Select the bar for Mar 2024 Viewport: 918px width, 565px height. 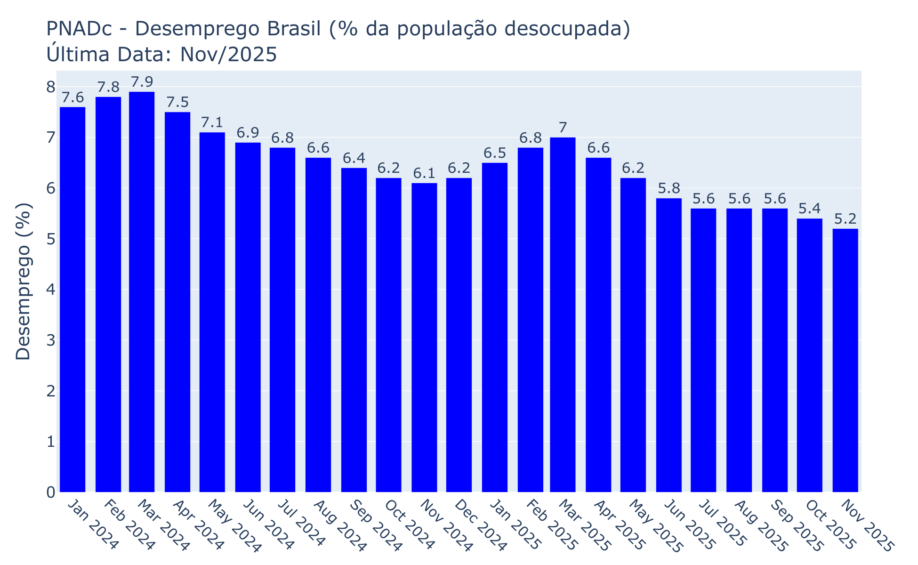pyautogui.click(x=142, y=292)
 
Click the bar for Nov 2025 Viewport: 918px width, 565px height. pyautogui.click(x=845, y=360)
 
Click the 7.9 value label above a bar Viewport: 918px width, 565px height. pyautogui.click(x=142, y=82)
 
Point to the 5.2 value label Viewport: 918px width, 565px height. pyautogui.click(x=845, y=219)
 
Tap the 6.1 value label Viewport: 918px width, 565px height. pyautogui.click(x=424, y=174)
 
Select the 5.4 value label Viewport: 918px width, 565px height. pyautogui.click(x=810, y=209)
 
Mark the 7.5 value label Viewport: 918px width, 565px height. pyautogui.click(x=177, y=103)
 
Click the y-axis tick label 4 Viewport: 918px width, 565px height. pyautogui.click(x=50, y=290)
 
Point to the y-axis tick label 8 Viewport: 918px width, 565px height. pyautogui.click(x=50, y=87)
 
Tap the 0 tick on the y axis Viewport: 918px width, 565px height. pyautogui.click(x=50, y=492)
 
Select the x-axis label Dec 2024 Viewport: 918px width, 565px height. pyautogui.click(x=480, y=525)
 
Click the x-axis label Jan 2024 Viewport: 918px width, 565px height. pyautogui.click(x=92, y=525)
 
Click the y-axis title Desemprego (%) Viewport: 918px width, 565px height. pyautogui.click(x=23, y=282)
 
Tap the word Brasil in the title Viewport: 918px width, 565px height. pyautogui.click(x=296, y=29)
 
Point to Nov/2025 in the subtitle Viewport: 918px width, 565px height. pyautogui.click(x=228, y=55)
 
